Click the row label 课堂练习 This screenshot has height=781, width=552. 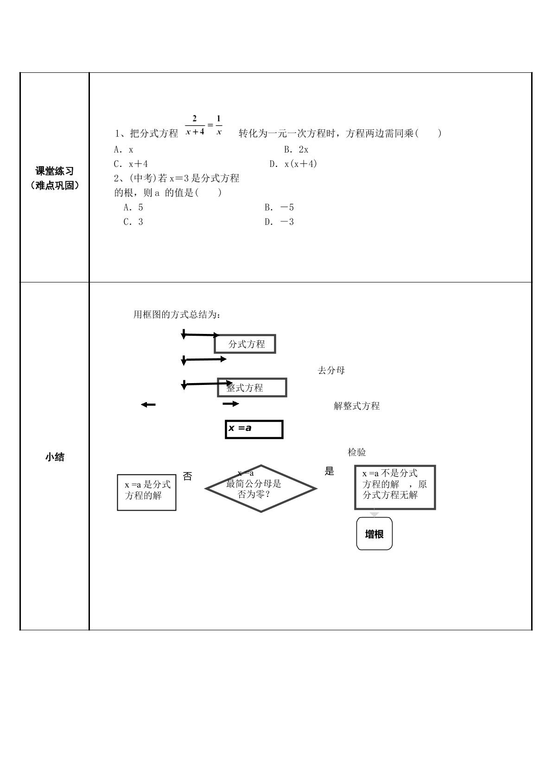(54, 171)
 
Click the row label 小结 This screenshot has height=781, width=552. (54, 457)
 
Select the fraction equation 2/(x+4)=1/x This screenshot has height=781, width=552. (204, 125)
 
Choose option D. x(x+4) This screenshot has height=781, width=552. (293, 164)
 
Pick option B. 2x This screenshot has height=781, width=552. (296, 150)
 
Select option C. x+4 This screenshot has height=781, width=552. (131, 164)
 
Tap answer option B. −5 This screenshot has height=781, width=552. (279, 207)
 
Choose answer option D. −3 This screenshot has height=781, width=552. (279, 222)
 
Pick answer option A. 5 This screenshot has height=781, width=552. (133, 207)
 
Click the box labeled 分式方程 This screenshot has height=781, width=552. (245, 344)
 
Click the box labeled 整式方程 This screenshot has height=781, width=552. (252, 387)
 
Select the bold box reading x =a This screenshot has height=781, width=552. (254, 429)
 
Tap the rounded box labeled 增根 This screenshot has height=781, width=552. (374, 534)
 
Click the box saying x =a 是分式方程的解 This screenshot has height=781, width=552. (147, 493)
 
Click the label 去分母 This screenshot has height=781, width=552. (331, 370)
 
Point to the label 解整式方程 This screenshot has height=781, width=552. (356, 406)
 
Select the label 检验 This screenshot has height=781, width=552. (356, 452)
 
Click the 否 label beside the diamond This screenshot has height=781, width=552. (188, 476)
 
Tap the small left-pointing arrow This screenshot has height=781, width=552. (148, 404)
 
